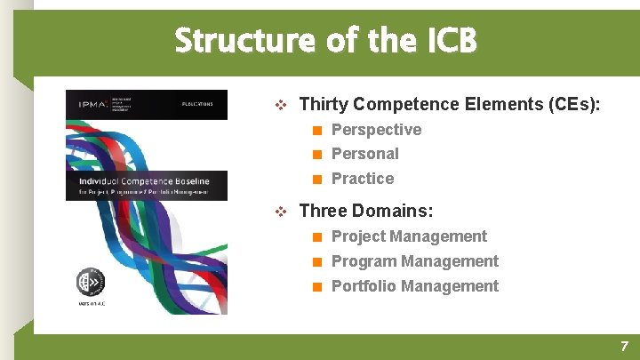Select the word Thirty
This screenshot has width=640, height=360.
point(323,104)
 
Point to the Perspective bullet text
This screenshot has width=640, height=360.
point(376,130)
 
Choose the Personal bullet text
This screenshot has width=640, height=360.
point(364,154)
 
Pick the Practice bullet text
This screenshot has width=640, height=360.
point(362,179)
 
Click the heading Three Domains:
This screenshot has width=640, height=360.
point(366,211)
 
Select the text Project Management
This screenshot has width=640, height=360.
point(409,236)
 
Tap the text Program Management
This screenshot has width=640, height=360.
point(414,261)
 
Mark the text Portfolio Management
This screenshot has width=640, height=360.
point(414,286)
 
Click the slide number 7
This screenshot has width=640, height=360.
point(624,347)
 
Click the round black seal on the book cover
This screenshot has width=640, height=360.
point(90,282)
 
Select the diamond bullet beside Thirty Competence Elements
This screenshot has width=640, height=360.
point(281,105)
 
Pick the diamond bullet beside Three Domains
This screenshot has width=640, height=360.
point(281,212)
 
